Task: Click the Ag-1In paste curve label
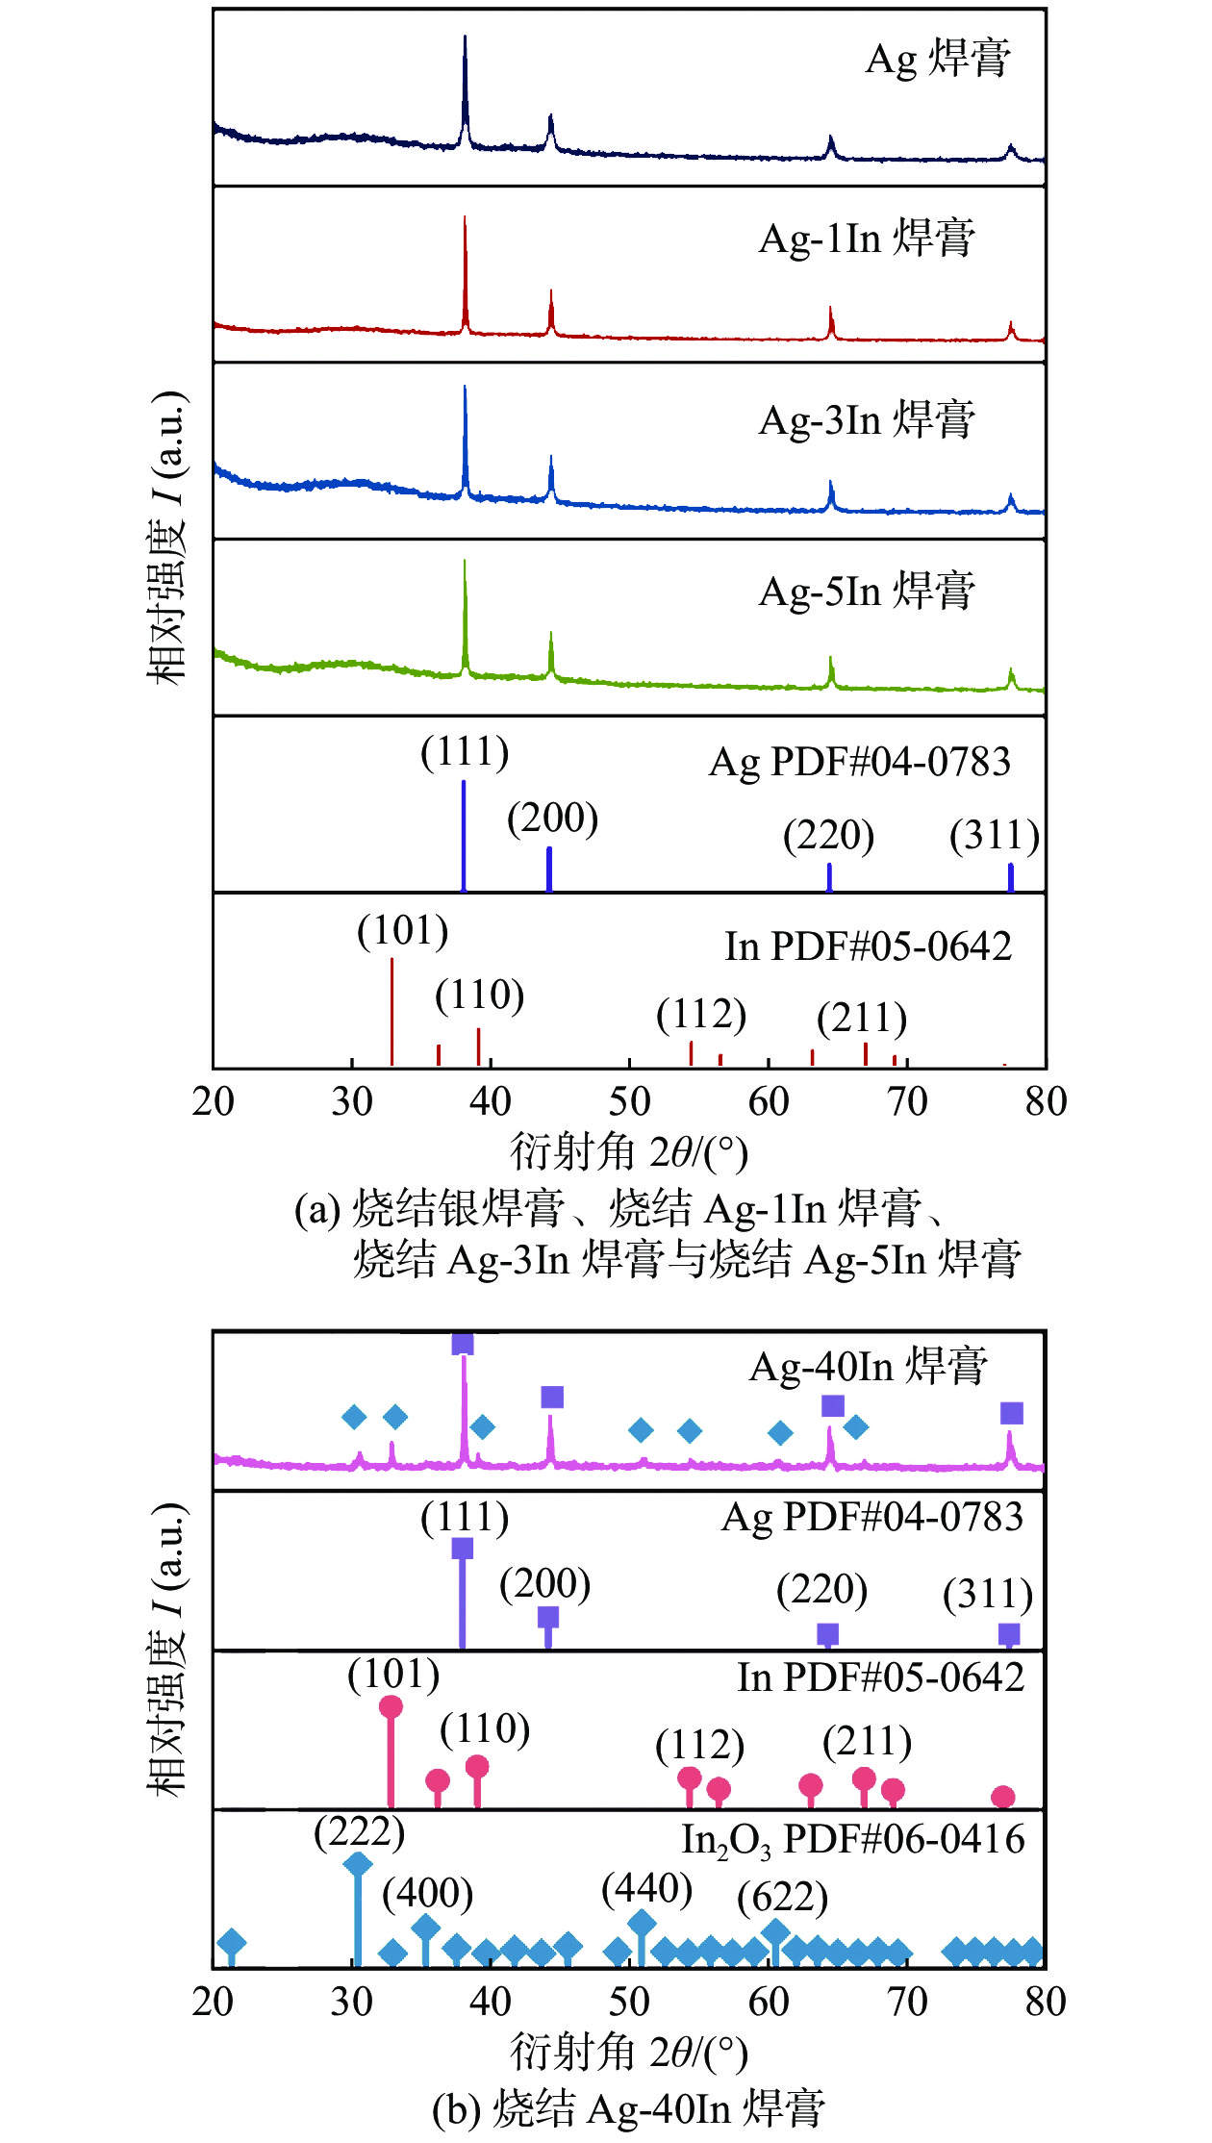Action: click(867, 238)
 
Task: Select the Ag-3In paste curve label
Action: click(867, 419)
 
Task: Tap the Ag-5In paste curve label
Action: click(867, 591)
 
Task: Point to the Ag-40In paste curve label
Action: click(868, 1366)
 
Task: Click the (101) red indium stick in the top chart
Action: click(391, 1010)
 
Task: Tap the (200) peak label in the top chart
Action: click(552, 818)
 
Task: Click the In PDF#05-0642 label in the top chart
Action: click(868, 946)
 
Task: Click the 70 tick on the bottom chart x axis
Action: click(906, 2003)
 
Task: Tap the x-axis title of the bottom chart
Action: click(629, 2051)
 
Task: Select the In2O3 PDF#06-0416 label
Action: click(853, 1839)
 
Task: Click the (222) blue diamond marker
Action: click(357, 1864)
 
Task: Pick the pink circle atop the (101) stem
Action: click(391, 1707)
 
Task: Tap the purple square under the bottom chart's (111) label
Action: click(462, 1549)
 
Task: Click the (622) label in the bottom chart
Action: click(782, 1898)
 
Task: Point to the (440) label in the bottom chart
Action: click(646, 1888)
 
